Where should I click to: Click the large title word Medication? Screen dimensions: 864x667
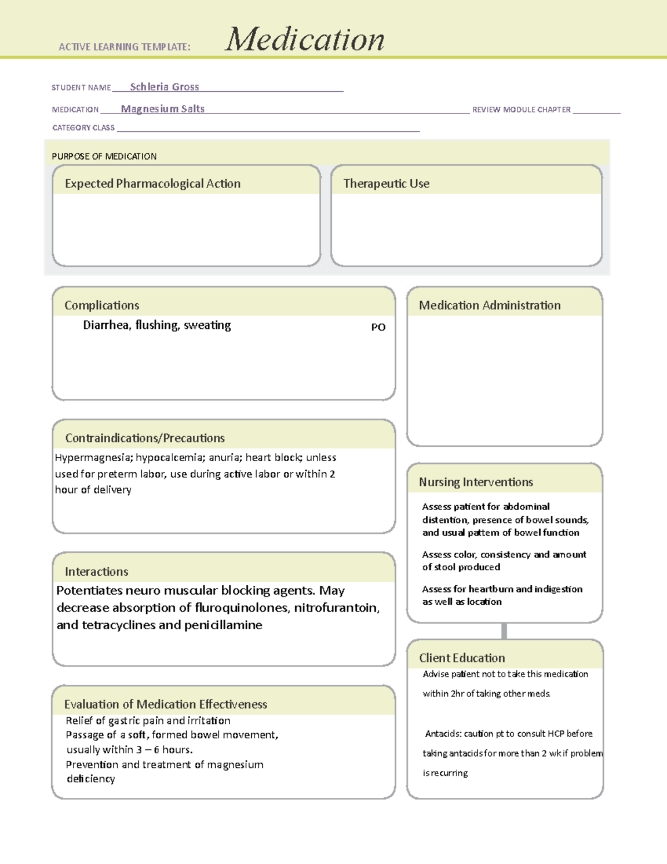(304, 40)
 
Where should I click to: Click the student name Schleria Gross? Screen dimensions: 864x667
(164, 87)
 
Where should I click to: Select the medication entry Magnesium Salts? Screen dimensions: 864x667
(162, 109)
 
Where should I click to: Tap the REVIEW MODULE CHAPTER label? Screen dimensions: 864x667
(521, 110)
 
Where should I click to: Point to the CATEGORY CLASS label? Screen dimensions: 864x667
(83, 128)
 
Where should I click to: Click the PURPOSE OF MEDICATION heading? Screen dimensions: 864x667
(104, 156)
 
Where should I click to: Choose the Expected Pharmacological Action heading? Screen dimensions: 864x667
(152, 184)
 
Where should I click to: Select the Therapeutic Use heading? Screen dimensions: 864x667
(386, 184)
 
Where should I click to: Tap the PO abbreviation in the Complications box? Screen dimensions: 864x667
(378, 327)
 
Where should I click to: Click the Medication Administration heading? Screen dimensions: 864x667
(489, 305)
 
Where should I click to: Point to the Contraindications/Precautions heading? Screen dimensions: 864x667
(145, 438)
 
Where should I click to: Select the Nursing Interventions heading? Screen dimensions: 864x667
(476, 482)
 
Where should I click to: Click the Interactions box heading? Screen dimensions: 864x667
(96, 572)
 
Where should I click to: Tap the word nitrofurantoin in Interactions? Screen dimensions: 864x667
(336, 608)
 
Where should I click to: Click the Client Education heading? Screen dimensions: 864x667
(461, 658)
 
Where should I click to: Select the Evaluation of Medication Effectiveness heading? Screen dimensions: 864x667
(165, 704)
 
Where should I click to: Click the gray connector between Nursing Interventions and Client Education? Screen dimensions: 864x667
(504, 631)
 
